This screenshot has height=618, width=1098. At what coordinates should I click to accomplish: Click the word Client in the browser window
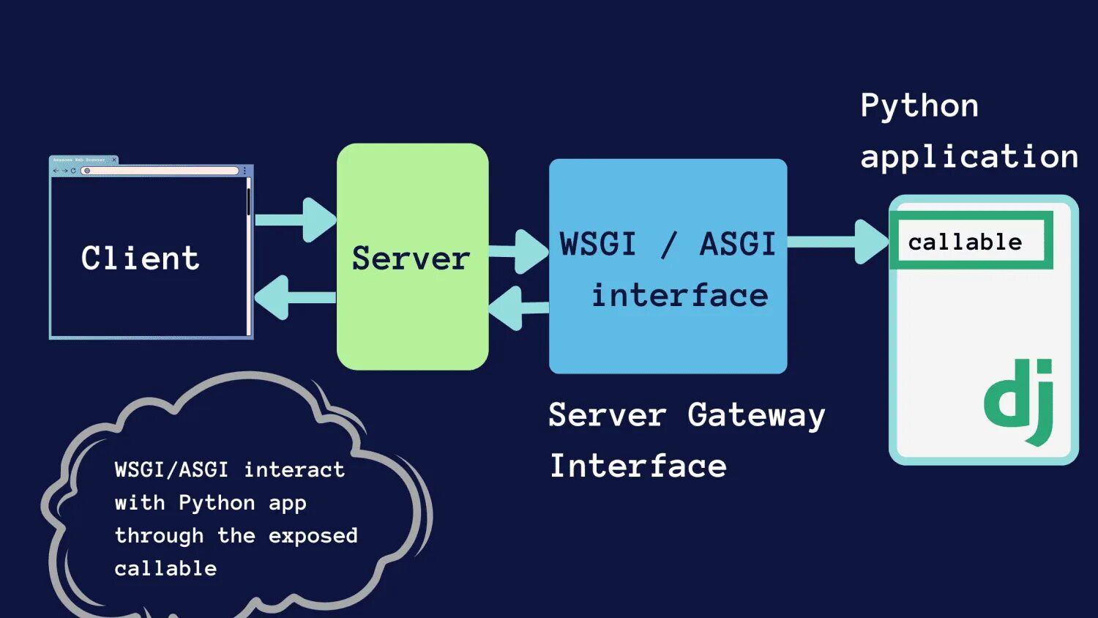[140, 258]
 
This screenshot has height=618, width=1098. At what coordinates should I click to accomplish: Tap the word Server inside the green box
[411, 258]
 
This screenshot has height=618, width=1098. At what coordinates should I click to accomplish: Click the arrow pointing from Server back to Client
[293, 297]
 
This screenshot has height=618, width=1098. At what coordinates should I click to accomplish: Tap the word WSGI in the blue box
[598, 244]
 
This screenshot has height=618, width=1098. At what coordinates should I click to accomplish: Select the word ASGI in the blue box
[737, 244]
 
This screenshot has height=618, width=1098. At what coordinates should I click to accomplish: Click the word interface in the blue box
[679, 296]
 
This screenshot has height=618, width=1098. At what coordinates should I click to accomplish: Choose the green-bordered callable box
[971, 241]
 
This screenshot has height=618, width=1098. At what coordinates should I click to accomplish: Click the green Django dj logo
[1019, 401]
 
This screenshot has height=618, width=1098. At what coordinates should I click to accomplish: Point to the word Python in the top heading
[919, 106]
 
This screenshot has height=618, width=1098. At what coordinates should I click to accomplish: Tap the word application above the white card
[969, 157]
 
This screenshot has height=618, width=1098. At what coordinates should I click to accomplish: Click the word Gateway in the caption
[756, 416]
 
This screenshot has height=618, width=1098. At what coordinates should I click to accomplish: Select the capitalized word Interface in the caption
[638, 466]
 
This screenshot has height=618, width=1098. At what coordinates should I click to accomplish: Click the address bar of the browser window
[161, 171]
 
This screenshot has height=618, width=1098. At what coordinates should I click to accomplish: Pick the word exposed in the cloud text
[313, 536]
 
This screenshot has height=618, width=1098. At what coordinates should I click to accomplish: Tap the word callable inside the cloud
[165, 568]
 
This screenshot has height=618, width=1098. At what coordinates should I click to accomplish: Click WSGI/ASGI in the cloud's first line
[171, 469]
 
